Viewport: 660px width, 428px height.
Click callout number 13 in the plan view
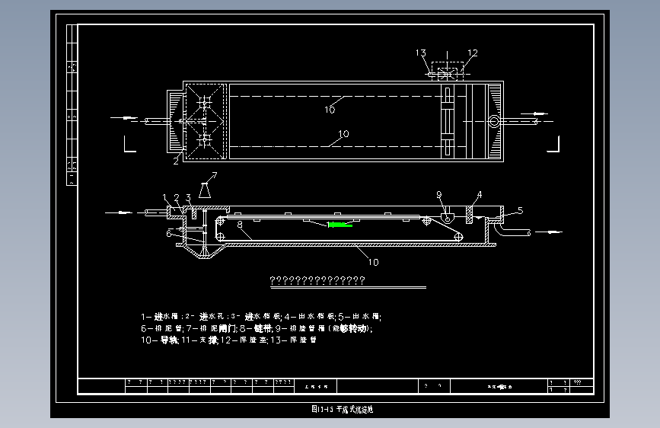421,53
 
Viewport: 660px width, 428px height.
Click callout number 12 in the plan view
472,53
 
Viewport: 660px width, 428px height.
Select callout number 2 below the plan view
176,160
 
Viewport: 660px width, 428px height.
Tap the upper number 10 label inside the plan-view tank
329,109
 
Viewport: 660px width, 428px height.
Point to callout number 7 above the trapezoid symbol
214,176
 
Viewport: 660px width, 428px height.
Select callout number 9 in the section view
439,195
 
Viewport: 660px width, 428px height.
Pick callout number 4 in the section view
480,195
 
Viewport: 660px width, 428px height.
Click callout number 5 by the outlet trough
521,209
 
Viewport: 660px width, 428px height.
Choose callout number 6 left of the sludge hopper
168,233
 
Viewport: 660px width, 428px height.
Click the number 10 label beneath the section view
373,262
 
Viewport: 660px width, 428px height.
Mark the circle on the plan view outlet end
493,121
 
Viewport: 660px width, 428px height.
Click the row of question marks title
318,280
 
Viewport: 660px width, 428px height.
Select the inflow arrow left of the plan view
124,118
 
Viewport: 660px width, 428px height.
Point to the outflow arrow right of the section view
552,232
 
